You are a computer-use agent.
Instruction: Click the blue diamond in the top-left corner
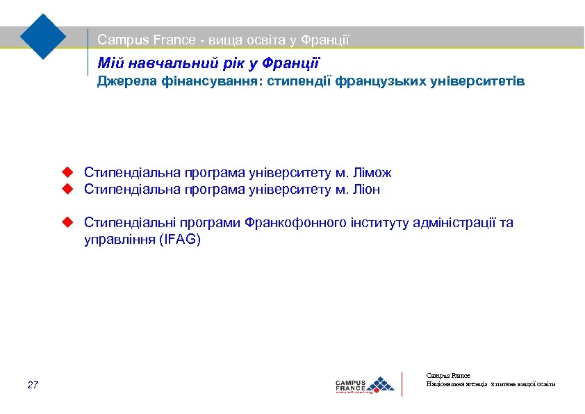tap(43, 36)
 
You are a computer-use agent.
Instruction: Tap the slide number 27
tap(33, 385)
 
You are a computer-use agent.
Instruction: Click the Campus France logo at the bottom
tap(365, 384)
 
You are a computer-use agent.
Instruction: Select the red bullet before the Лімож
tap(67, 172)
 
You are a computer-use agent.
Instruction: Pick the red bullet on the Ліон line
tap(67, 189)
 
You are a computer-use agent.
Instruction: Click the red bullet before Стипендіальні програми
tap(67, 222)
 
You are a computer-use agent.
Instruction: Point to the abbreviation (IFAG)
tap(180, 240)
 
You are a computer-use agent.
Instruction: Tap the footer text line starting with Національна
tap(491, 384)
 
